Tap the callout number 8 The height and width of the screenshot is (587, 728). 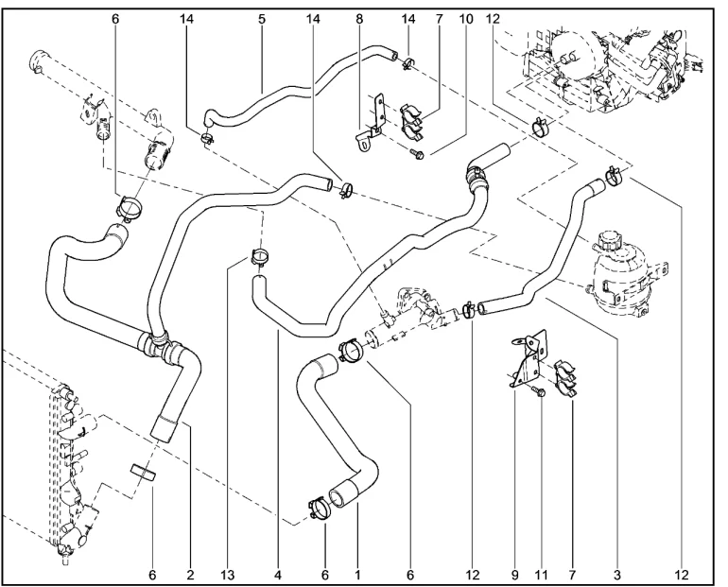(358, 19)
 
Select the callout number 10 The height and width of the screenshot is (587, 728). (463, 19)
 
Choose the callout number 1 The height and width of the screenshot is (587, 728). (358, 574)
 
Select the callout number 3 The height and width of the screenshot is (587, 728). (617, 574)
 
